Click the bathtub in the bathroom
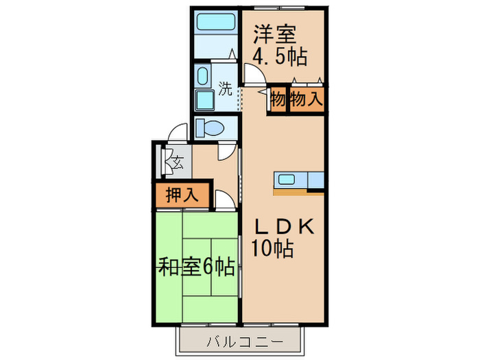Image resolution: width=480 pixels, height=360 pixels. [x=215, y=23]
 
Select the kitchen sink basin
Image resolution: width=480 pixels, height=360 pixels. [x=286, y=180]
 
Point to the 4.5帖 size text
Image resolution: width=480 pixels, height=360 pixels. [x=280, y=56]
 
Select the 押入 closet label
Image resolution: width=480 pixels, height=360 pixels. [x=182, y=195]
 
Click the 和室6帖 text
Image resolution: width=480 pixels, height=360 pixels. [x=197, y=266]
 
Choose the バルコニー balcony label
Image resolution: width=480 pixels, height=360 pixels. [x=241, y=341]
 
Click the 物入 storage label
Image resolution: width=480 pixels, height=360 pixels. [x=305, y=99]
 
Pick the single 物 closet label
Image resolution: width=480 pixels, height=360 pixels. [x=277, y=99]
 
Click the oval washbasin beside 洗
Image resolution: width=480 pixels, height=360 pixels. [x=204, y=76]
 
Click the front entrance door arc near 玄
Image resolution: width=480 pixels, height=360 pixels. [x=179, y=134]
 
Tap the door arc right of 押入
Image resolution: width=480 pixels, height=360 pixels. [x=224, y=200]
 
